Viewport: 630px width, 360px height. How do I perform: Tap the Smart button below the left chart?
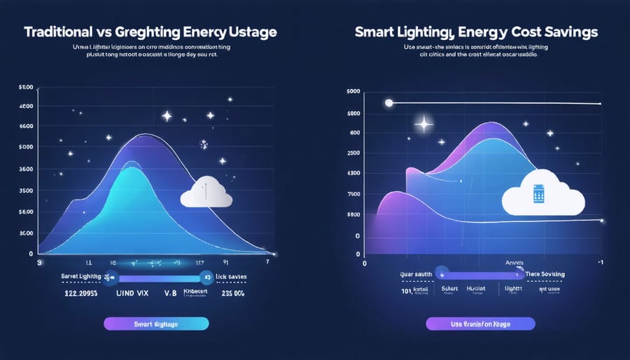click(x=155, y=323)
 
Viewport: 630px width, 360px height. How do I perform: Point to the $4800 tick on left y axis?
click(x=25, y=106)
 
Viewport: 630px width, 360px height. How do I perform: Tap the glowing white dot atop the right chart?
click(x=388, y=103)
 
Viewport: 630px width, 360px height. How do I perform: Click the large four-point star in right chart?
click(x=423, y=125)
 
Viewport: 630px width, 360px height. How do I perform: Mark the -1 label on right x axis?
click(x=600, y=261)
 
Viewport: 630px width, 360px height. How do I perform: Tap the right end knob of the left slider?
click(x=206, y=277)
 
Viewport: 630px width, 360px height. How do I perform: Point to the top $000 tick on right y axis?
click(x=353, y=92)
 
